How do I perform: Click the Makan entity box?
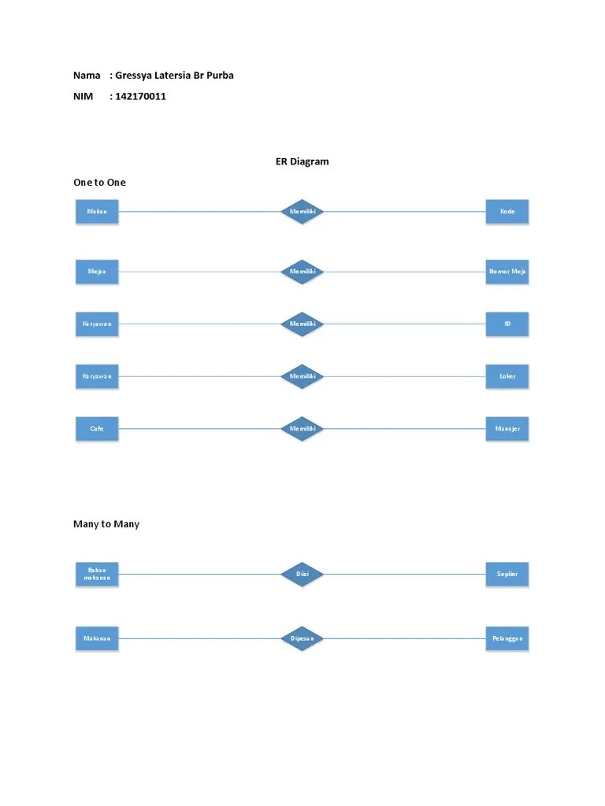point(97,212)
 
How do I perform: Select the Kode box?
point(507,212)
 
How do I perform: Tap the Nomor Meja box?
point(507,272)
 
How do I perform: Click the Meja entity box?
point(97,272)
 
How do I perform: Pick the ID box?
point(507,324)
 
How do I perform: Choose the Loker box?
point(507,376)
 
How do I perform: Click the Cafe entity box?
point(97,429)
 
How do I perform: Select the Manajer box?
point(507,429)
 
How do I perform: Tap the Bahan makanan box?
point(97,574)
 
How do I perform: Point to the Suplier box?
point(507,574)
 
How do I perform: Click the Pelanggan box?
point(507,638)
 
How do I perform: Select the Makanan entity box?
point(97,638)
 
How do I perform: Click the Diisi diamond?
point(302,574)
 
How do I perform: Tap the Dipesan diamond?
point(302,638)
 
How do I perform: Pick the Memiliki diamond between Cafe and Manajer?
point(302,429)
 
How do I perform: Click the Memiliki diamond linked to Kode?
point(302,212)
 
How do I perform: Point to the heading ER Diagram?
point(302,161)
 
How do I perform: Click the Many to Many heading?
point(106,523)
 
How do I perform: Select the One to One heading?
point(99,182)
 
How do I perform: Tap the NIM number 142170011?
point(140,96)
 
